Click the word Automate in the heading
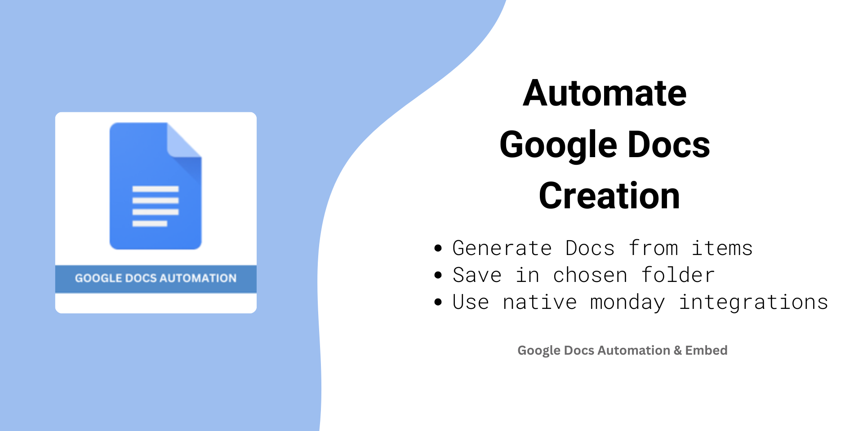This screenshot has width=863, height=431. click(605, 93)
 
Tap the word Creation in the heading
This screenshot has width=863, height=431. click(609, 196)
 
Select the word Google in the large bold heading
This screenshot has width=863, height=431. click(558, 145)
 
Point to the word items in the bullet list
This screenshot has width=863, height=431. click(722, 248)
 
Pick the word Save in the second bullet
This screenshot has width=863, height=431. click(477, 275)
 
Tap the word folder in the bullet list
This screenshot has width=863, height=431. click(678, 274)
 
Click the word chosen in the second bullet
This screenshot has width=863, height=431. click(590, 274)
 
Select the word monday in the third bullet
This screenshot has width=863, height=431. click(627, 303)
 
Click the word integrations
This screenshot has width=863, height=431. click(753, 303)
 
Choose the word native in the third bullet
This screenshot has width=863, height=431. click(539, 302)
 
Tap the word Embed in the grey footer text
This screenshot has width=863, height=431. click(706, 350)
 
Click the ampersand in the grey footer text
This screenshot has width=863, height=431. click(678, 350)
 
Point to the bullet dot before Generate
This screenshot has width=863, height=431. click(438, 248)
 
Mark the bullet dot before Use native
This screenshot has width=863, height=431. click(438, 302)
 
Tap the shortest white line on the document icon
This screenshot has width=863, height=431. click(150, 224)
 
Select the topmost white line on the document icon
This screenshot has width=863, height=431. click(155, 189)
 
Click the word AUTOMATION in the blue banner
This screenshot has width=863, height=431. click(198, 278)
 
